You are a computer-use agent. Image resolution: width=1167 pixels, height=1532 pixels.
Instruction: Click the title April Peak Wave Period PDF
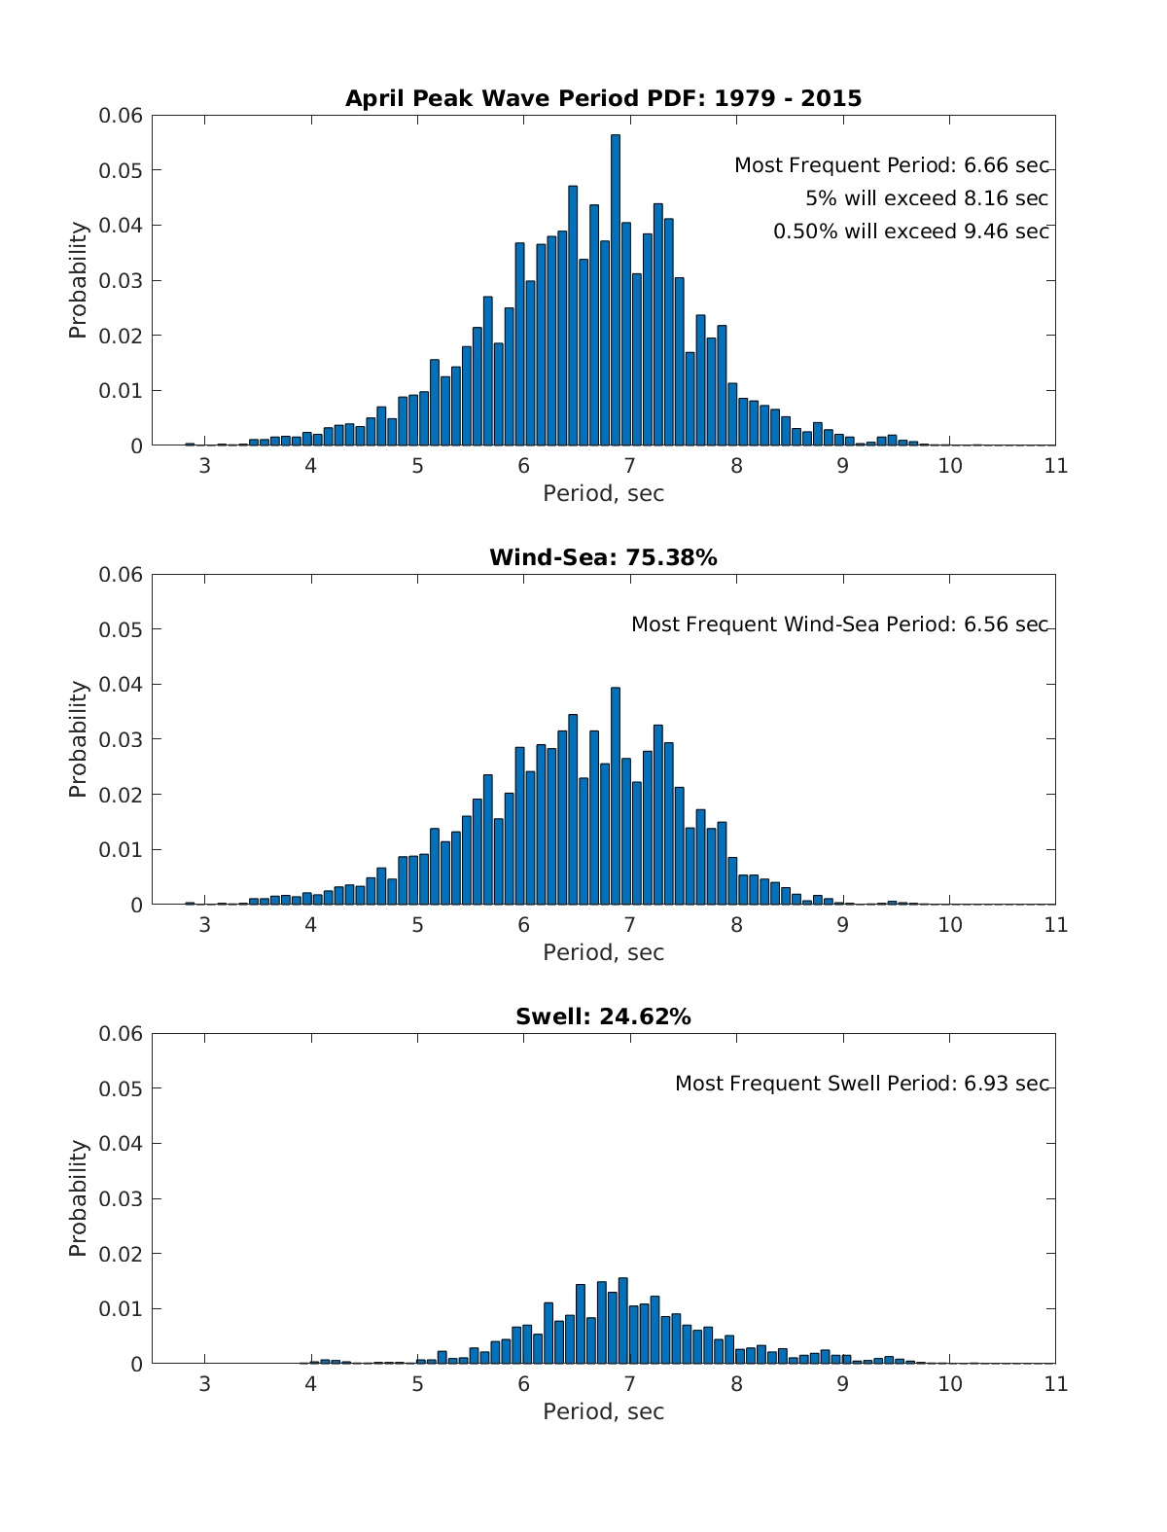click(603, 98)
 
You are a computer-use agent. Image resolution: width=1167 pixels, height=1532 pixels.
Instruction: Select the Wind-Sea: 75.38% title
click(603, 557)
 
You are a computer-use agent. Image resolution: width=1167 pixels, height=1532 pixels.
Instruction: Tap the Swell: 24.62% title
click(603, 1016)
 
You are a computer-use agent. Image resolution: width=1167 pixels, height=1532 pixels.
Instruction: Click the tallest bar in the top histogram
click(616, 292)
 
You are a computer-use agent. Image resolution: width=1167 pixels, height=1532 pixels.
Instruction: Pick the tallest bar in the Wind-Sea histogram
click(616, 798)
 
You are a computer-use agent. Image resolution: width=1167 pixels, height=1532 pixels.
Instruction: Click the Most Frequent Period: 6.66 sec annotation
click(891, 165)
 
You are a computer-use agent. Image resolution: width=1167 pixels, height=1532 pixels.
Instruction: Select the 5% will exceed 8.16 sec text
click(926, 198)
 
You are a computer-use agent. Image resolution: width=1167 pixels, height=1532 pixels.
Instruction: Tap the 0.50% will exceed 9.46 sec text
click(910, 232)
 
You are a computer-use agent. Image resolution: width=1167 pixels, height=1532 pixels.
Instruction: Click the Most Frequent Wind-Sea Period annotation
click(839, 624)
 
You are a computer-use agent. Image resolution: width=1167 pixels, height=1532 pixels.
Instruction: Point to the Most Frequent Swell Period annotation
click(862, 1084)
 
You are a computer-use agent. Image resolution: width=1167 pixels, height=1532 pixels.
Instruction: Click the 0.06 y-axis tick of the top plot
click(121, 116)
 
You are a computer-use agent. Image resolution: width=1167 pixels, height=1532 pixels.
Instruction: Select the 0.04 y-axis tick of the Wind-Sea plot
click(121, 685)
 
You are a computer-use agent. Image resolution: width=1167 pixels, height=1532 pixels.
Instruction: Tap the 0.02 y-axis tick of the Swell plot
click(121, 1254)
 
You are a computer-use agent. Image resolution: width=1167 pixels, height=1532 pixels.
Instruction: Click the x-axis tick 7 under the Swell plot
click(630, 1384)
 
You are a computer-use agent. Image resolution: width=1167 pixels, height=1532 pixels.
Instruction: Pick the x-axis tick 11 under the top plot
click(1055, 466)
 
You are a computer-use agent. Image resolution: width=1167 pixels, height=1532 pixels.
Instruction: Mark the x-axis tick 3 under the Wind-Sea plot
click(204, 925)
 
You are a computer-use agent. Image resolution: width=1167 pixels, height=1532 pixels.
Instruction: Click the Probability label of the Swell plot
click(78, 1198)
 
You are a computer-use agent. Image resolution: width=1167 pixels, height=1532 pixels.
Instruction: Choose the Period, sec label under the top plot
click(603, 493)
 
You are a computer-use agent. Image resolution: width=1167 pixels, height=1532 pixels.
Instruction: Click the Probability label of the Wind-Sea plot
click(78, 739)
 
